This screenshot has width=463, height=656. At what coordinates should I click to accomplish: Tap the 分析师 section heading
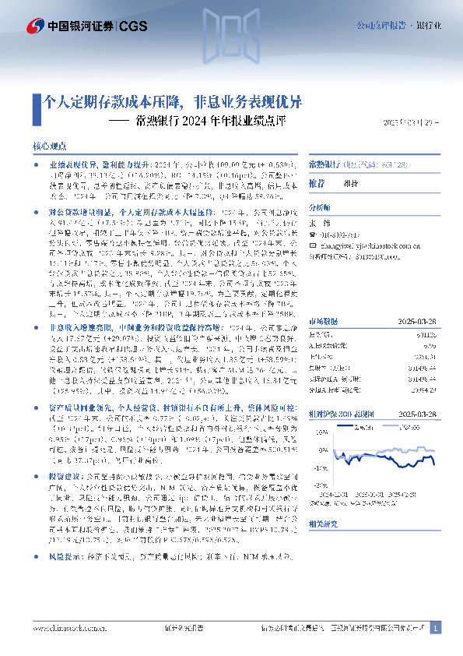[x=320, y=208]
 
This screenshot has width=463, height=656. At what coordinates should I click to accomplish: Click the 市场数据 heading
[x=322, y=277]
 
